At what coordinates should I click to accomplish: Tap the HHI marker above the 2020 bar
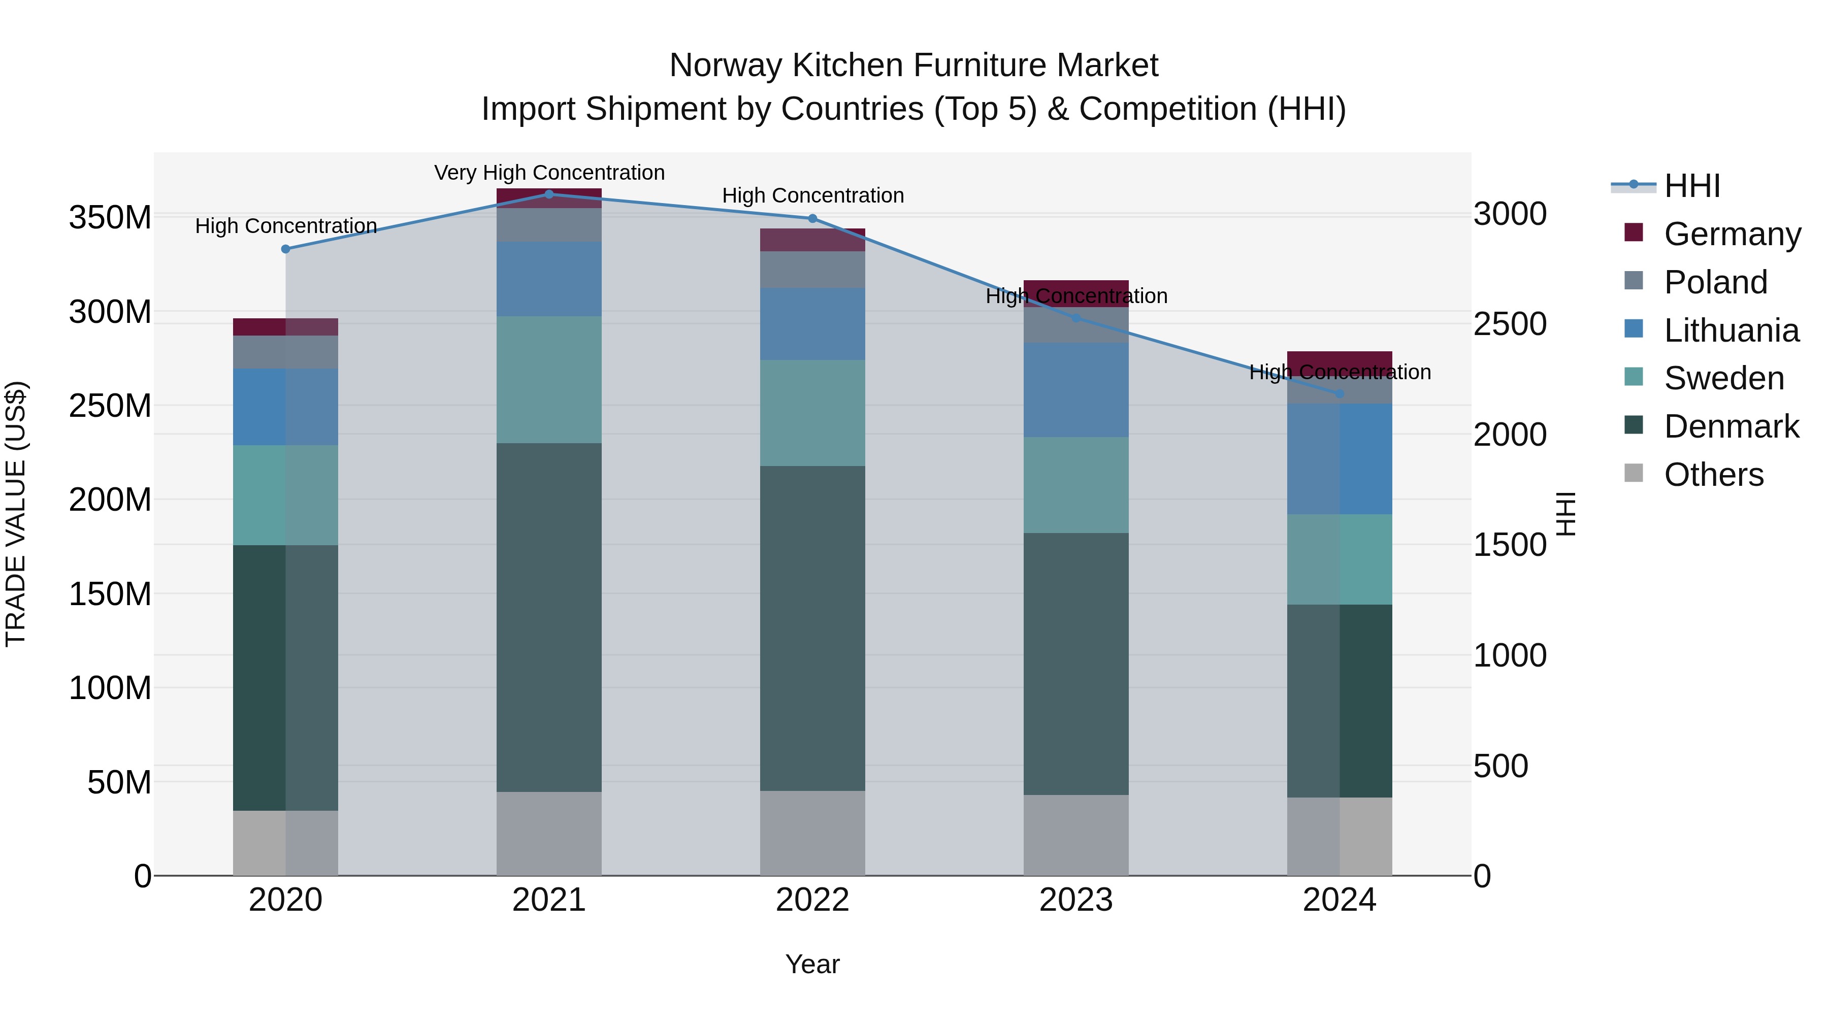[x=285, y=249]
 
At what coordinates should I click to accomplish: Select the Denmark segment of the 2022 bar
[x=812, y=628]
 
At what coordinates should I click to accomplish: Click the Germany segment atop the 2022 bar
[x=812, y=240]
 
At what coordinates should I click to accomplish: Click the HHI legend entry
[x=1692, y=186]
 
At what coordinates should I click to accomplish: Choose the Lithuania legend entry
[x=1731, y=330]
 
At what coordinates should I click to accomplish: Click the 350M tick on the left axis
[x=110, y=217]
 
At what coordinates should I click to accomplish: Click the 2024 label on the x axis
[x=1339, y=900]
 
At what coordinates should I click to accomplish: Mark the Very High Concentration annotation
[x=549, y=173]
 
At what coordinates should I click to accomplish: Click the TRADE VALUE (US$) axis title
[x=16, y=514]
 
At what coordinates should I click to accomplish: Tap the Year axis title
[x=812, y=964]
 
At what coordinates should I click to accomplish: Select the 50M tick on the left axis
[x=119, y=782]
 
